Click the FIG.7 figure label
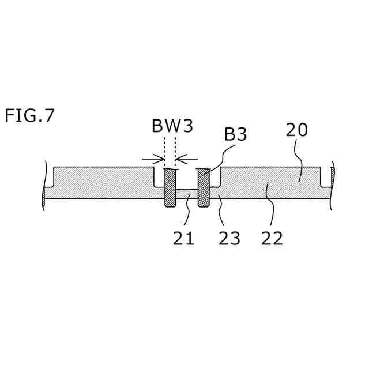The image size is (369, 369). point(29,115)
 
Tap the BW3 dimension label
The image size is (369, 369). point(172,126)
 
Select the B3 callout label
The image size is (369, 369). point(235,134)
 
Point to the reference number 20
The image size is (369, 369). point(297,130)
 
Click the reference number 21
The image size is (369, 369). point(183,238)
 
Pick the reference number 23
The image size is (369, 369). point(229,238)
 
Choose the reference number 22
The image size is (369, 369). point(272,238)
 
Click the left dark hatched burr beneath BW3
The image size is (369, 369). point(170,187)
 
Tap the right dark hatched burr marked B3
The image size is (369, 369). point(203,187)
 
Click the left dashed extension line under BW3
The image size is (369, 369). point(164,151)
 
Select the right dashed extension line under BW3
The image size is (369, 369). point(175,151)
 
